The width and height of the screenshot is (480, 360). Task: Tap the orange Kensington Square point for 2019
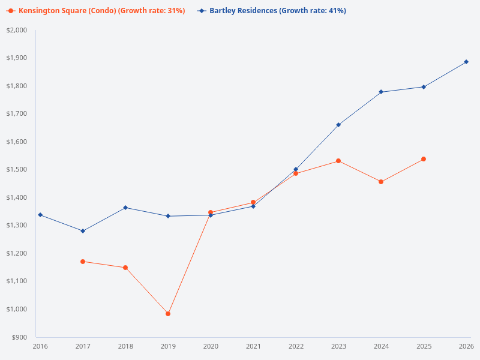(168, 314)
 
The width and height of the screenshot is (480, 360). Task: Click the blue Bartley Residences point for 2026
(466, 62)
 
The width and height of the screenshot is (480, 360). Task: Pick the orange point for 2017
(83, 262)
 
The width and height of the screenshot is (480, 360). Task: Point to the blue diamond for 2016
(40, 215)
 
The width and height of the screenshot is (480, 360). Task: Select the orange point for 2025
(424, 159)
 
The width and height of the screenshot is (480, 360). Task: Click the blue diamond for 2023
(338, 125)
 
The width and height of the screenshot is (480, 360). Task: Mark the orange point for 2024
(381, 182)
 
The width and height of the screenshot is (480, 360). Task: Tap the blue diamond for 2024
(381, 92)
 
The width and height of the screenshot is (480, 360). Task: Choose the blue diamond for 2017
(83, 231)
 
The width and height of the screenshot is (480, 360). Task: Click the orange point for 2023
(338, 161)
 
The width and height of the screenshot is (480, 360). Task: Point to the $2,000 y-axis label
(17, 30)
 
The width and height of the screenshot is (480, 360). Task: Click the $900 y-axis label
(19, 337)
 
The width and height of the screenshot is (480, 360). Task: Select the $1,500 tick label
(17, 170)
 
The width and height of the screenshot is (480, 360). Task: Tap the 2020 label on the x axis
(211, 346)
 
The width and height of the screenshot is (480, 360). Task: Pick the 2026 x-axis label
(466, 346)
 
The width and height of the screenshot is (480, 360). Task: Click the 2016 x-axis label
(40, 346)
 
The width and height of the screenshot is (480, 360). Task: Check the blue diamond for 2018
(125, 208)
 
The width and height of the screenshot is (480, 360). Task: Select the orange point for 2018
(125, 268)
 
